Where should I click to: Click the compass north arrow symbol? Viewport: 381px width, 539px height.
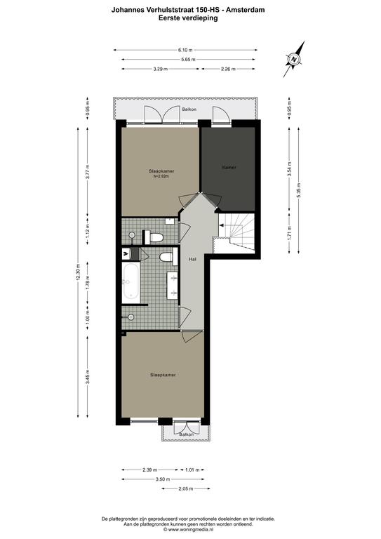[294, 59]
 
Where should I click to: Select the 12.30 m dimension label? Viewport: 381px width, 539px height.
[79, 272]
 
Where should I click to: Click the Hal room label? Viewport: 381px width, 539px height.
[192, 260]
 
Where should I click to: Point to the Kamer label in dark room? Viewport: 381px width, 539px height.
[229, 168]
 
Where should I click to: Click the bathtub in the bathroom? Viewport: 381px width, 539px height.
[131, 281]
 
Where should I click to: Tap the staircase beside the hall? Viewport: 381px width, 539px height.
[237, 233]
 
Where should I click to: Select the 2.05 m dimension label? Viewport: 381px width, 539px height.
[186, 488]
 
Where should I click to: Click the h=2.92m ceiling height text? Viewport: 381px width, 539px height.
[161, 176]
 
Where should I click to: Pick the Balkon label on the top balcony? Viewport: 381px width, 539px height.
[189, 109]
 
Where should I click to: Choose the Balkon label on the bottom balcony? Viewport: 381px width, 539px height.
[186, 434]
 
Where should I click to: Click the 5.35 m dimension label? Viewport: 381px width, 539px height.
[298, 190]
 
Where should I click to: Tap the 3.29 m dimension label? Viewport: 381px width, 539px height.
[161, 69]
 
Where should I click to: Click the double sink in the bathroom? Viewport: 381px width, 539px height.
[173, 285]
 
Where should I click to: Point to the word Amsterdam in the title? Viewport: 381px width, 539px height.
[246, 10]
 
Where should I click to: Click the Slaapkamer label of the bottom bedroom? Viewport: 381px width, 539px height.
[163, 375]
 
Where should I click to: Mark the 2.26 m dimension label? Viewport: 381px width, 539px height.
[228, 69]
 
